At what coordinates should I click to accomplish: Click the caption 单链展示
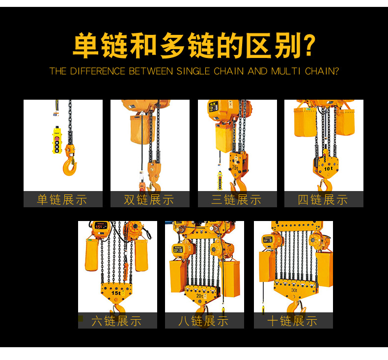pyautogui.click(x=62, y=199)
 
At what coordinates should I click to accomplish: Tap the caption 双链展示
pyautogui.click(x=149, y=199)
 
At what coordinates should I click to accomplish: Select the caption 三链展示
pyautogui.click(x=236, y=199)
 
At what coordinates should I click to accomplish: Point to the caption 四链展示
pyautogui.click(x=323, y=199)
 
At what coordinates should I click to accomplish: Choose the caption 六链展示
pyautogui.click(x=116, y=321)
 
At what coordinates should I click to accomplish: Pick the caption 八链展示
pyautogui.click(x=203, y=321)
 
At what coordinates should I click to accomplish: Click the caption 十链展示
pyautogui.click(x=293, y=321)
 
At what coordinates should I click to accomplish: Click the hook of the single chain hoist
pyautogui.click(x=69, y=167)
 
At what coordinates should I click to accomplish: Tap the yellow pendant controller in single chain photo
pyautogui.click(x=57, y=140)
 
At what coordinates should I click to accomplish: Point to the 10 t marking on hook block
pyautogui.click(x=329, y=169)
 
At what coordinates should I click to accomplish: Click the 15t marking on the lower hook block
pyautogui.click(x=116, y=293)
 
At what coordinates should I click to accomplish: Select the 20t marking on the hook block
pyautogui.click(x=200, y=296)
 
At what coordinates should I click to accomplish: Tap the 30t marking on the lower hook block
pyautogui.click(x=294, y=290)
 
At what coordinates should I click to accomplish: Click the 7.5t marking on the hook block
pyautogui.click(x=235, y=168)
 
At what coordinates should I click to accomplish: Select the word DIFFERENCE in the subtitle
pyautogui.click(x=98, y=71)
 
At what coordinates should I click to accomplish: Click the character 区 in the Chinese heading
pyautogui.click(x=258, y=46)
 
